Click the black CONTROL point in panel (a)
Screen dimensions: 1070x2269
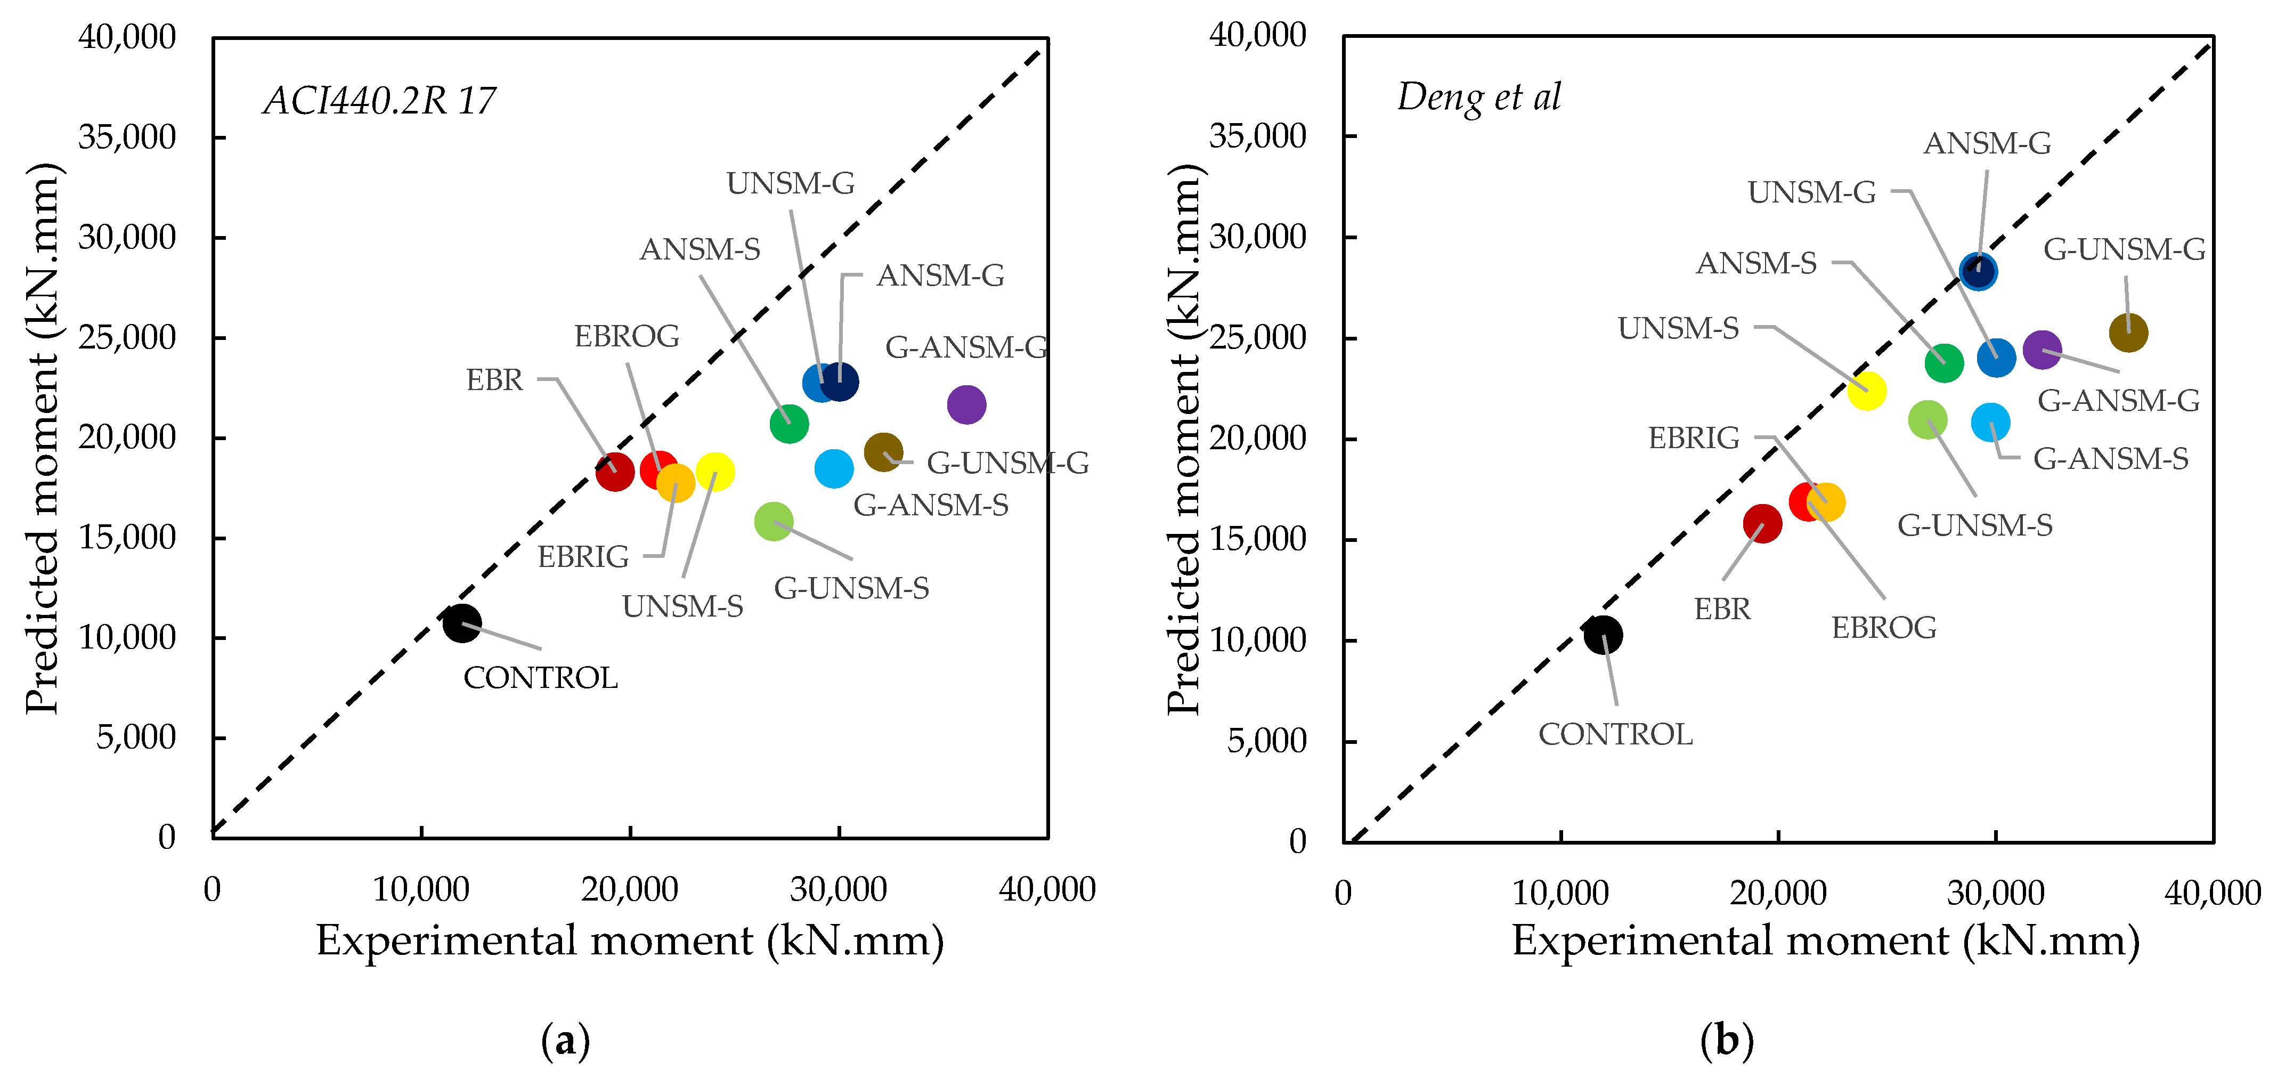click(x=461, y=623)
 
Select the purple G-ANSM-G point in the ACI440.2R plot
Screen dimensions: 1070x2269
click(x=966, y=405)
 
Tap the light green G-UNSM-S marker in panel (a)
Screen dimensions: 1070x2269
click(x=774, y=521)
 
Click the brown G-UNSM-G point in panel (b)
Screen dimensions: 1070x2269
click(x=2128, y=333)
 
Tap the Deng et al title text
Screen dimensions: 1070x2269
click(x=1479, y=98)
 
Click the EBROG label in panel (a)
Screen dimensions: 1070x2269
click(x=627, y=336)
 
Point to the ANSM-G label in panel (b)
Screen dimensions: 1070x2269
click(x=1987, y=143)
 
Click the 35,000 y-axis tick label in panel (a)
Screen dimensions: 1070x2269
click(x=128, y=137)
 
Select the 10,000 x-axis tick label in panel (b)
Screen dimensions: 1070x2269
click(x=1560, y=893)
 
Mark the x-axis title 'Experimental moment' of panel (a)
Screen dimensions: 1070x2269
click(x=630, y=941)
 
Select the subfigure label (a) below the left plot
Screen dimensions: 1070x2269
click(x=565, y=1041)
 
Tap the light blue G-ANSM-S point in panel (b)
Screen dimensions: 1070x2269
click(x=1990, y=423)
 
